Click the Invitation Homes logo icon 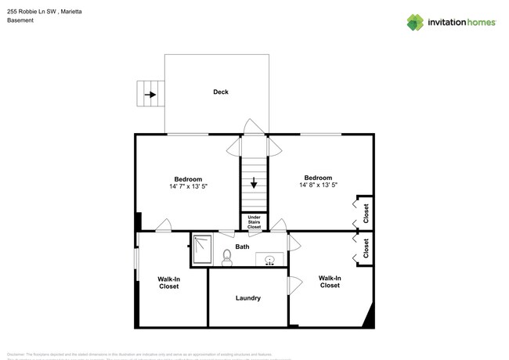tap(415, 22)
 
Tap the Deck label tap(221, 92)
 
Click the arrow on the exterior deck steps tap(148, 95)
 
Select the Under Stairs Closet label tap(254, 222)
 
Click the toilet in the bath tap(227, 257)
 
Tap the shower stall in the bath tap(202, 250)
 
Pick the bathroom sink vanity tap(269, 259)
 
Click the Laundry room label tap(247, 298)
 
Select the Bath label tap(243, 247)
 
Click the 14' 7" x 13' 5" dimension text tap(188, 186)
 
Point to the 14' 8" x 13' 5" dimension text tap(318, 185)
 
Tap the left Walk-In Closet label tap(168, 283)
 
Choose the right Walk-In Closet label tap(330, 282)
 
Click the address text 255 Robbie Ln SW tap(39, 12)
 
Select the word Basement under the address tap(20, 21)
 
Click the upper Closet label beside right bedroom tap(366, 212)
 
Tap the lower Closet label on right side tap(366, 249)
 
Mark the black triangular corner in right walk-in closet tap(367, 316)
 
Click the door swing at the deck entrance tap(253, 127)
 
